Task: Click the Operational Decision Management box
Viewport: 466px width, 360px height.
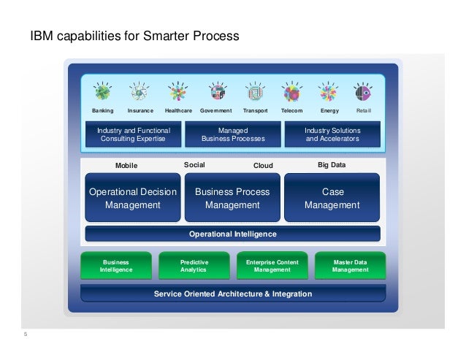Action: point(132,198)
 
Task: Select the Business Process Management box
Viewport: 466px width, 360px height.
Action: point(232,198)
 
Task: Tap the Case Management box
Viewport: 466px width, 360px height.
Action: point(332,198)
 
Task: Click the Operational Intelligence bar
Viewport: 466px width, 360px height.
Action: point(232,234)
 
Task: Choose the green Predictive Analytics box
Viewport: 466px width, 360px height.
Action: point(194,266)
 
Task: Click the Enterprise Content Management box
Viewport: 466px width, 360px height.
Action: point(272,266)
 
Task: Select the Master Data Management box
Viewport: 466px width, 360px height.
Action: point(350,266)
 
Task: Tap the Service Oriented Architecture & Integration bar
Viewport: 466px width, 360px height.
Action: point(232,294)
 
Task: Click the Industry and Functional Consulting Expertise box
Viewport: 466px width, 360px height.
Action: point(134,134)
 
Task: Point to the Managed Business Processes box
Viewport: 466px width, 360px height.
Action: point(232,134)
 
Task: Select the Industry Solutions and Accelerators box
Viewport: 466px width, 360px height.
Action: point(332,134)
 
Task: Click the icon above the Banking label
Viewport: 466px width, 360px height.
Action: point(103,93)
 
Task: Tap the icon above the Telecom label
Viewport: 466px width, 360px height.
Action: point(291,93)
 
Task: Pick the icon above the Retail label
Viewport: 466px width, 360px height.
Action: point(363,93)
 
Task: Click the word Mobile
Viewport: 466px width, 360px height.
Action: point(126,166)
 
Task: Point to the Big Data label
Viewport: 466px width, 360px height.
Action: point(332,165)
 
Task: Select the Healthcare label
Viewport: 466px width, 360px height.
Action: point(178,110)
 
